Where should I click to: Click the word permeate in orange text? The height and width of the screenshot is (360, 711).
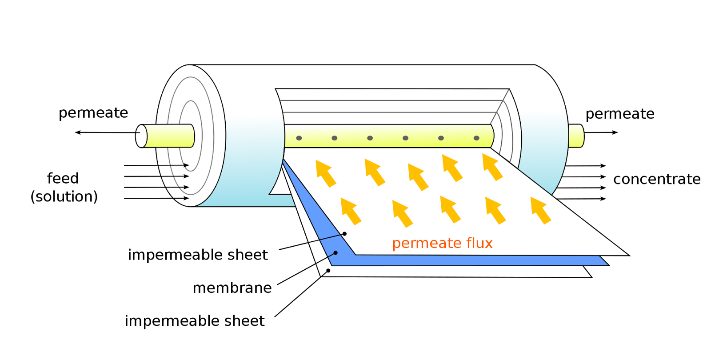427,244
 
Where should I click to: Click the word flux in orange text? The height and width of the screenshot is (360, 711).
479,243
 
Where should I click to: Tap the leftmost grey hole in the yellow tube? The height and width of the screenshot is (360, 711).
299,138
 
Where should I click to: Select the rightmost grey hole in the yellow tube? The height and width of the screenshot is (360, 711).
476,138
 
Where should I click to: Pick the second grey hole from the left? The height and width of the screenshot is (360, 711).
335,138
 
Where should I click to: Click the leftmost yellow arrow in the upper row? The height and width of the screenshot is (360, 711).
325,173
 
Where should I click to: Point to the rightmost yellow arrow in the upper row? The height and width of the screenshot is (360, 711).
492,167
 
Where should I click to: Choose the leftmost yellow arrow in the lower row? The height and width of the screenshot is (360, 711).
350,211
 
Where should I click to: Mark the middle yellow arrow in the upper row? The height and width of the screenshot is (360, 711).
418,176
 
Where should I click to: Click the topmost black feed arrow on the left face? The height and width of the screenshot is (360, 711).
174,165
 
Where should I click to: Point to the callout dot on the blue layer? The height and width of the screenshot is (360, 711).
336,253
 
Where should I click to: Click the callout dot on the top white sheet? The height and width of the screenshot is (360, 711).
344,234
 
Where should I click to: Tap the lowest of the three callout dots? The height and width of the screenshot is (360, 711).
328,271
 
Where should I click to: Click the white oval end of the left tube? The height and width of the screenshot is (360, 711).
141,136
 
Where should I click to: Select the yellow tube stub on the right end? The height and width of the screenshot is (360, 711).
576,136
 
